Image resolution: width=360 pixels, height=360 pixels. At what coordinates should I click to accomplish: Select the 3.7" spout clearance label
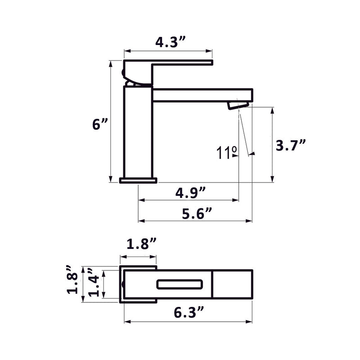tap(290, 145)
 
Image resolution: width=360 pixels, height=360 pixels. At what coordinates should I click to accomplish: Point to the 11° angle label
tap(226, 153)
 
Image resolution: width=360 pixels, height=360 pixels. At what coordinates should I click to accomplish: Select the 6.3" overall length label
tap(189, 311)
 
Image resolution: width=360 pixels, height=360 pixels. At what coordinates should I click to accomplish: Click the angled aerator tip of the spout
tap(237, 105)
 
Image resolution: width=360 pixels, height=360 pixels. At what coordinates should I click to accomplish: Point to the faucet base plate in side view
tap(138, 180)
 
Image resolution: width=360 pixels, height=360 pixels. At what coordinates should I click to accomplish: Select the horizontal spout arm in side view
tap(202, 95)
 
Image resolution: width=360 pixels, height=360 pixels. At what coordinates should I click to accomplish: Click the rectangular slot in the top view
tap(179, 284)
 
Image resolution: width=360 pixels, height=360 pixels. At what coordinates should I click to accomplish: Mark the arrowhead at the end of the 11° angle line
tap(252, 154)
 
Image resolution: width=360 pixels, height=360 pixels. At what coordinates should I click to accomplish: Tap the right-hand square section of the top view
tap(232, 284)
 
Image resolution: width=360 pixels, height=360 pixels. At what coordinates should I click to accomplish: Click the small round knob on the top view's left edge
tap(123, 284)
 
